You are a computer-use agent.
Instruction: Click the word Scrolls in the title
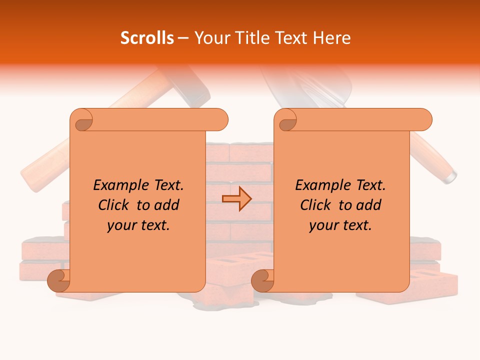(147, 37)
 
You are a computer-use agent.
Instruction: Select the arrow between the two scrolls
(236, 199)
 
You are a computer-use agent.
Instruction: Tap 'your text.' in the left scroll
(138, 225)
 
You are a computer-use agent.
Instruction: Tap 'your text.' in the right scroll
(340, 225)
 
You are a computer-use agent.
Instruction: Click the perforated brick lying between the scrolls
(240, 265)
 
